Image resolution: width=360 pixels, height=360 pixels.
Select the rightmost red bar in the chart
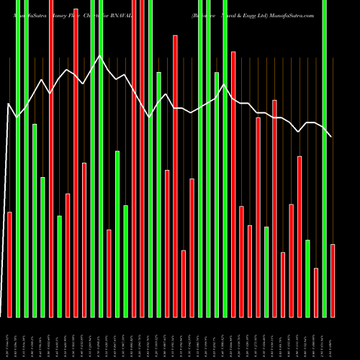(333, 281)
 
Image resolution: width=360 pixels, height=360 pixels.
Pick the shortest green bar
(307, 278)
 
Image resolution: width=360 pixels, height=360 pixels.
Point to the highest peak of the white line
(99, 55)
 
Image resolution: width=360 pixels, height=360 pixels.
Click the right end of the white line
(331, 137)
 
